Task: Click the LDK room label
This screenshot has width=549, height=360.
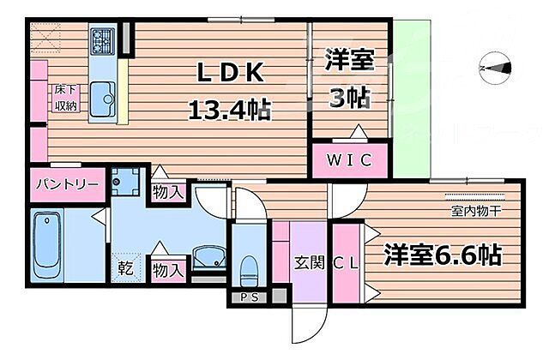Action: [230, 74]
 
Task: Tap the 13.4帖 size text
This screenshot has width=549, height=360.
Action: [229, 109]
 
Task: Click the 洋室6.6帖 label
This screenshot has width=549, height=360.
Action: [443, 255]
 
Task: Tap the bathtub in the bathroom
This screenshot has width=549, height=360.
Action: [47, 244]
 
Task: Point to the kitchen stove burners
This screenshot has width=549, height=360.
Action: [103, 39]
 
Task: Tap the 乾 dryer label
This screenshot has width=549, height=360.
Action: [125, 267]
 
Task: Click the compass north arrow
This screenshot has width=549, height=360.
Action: [495, 66]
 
